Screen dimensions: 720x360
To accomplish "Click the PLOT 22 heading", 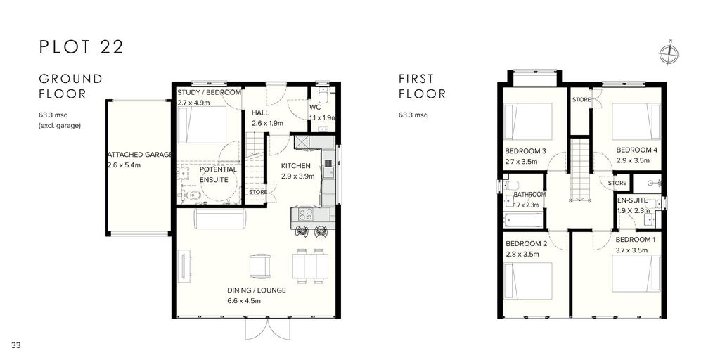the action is (82, 47).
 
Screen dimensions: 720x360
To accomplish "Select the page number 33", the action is (17, 345).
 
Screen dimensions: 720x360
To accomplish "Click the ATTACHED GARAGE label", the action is (140, 155).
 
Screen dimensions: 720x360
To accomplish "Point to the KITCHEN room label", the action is (296, 166).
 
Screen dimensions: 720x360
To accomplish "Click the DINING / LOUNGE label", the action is (257, 290).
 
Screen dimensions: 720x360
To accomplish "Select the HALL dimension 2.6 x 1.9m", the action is (267, 123).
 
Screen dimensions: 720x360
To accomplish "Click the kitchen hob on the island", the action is (307, 214).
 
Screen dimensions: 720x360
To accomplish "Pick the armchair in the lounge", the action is (260, 266).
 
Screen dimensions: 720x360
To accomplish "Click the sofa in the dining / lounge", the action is (220, 218).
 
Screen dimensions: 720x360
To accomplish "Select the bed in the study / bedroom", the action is (202, 124).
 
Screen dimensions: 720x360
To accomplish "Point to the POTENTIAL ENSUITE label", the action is (218, 174).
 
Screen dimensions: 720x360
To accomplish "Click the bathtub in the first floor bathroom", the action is (522, 219).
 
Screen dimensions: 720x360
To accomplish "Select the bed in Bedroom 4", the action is (636, 121).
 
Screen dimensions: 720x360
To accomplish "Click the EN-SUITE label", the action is (632, 200).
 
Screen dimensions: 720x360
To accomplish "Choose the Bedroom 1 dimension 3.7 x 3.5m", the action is (631, 250).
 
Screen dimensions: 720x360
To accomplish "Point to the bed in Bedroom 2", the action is (527, 281).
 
